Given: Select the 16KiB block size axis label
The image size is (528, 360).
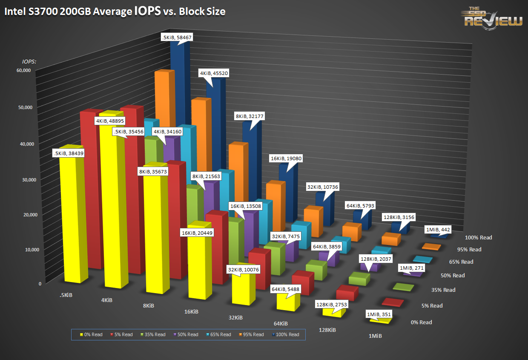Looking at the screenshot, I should point(191,311).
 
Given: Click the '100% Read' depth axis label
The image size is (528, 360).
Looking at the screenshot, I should point(478,238).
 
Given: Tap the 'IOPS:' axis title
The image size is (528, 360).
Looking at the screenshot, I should point(29,61).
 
